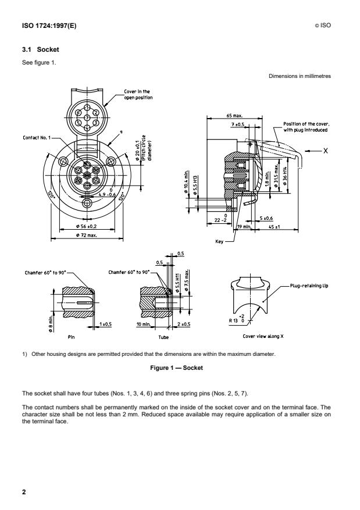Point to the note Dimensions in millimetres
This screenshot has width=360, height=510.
point(300,76)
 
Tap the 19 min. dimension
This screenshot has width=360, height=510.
point(243,227)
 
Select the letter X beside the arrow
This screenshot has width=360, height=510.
point(326,150)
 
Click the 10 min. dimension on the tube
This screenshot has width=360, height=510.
point(142,323)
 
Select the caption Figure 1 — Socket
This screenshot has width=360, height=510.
point(180,368)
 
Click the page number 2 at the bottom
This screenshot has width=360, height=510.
point(24,492)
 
